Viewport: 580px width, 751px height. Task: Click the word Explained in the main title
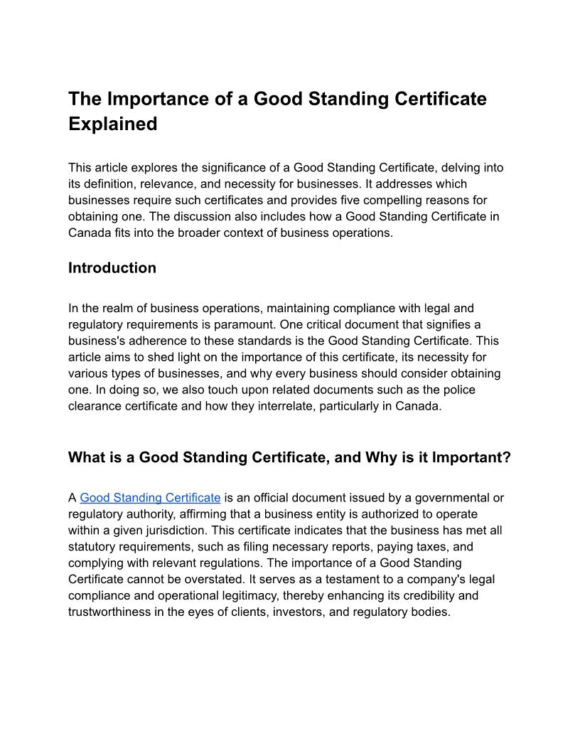[x=112, y=124]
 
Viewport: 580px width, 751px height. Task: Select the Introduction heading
[x=112, y=268]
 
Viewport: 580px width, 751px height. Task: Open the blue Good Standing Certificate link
[x=150, y=498]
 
